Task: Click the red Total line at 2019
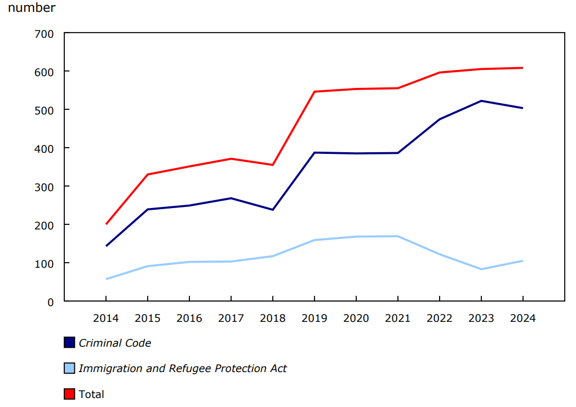pyautogui.click(x=314, y=91)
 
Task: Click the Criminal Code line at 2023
pyautogui.click(x=481, y=101)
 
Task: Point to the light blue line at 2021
pyautogui.click(x=397, y=236)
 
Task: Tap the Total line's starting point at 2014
pyautogui.click(x=106, y=224)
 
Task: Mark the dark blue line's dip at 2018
pyautogui.click(x=272, y=210)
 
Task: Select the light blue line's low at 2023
pyautogui.click(x=481, y=269)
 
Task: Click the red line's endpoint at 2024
pyautogui.click(x=522, y=68)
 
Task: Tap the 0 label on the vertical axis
pyautogui.click(x=50, y=302)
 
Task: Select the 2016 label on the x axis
pyautogui.click(x=189, y=318)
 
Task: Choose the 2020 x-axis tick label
pyautogui.click(x=356, y=318)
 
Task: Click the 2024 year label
pyautogui.click(x=522, y=318)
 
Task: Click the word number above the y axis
pyautogui.click(x=32, y=8)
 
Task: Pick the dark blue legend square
pyautogui.click(x=69, y=342)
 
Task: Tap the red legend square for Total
pyautogui.click(x=69, y=394)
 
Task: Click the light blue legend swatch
pyautogui.click(x=69, y=368)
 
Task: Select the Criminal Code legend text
pyautogui.click(x=115, y=343)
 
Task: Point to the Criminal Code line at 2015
pyautogui.click(x=148, y=209)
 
